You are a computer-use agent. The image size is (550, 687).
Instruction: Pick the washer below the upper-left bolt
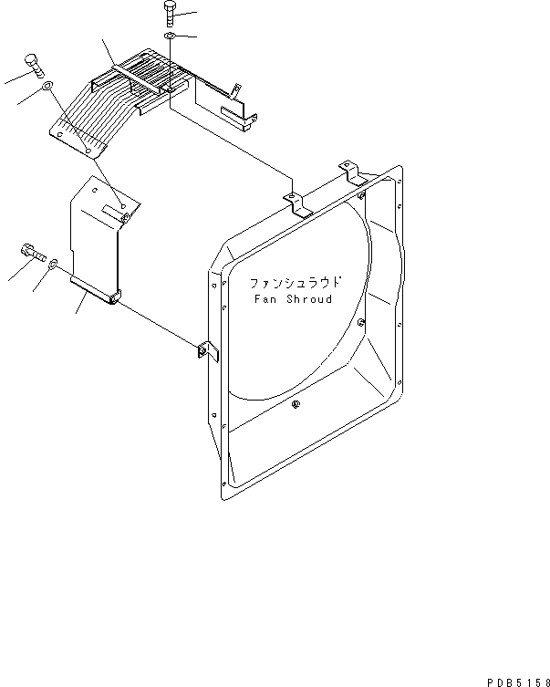tap(46, 88)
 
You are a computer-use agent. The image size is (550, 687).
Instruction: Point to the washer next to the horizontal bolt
tap(53, 264)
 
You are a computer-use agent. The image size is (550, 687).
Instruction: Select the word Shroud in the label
tap(308, 299)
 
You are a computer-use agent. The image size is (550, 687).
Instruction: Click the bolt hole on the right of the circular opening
tap(362, 321)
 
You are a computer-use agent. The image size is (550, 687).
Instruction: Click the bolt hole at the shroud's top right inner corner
tap(362, 194)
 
